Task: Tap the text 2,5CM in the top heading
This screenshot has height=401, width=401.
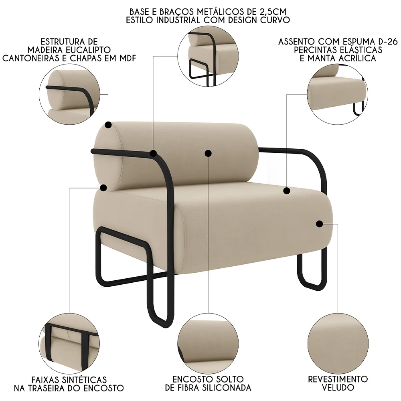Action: coord(277,11)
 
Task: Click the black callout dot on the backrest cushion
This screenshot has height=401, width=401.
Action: coord(208,153)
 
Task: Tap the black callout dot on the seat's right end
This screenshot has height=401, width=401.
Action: coord(319,224)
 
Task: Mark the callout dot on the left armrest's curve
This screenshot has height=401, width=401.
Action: coord(153,153)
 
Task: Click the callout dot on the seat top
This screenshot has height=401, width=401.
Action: coord(286,190)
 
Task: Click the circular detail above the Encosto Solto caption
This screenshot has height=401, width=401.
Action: coord(208,342)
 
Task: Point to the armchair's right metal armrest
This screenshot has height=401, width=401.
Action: coord(317,168)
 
